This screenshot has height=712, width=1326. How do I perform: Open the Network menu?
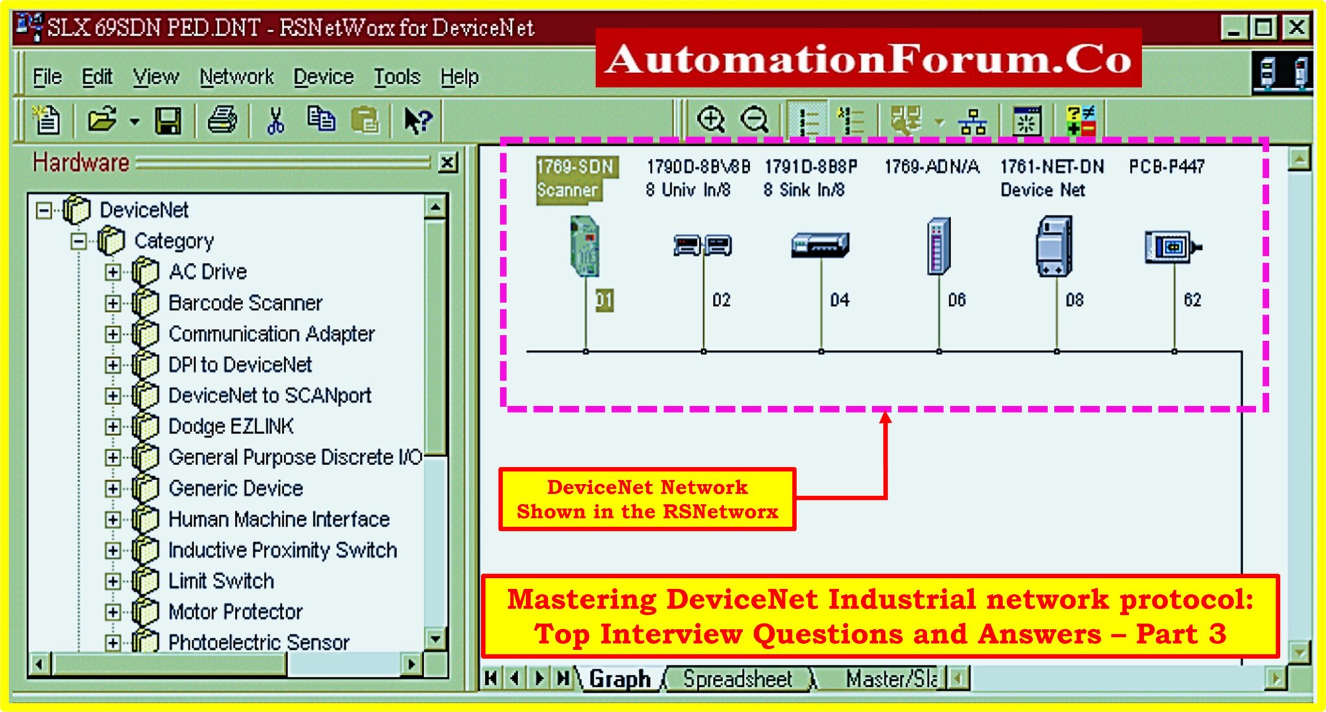click(x=236, y=77)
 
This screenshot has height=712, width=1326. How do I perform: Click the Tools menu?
click(x=397, y=77)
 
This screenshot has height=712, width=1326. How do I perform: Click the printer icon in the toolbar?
click(x=222, y=120)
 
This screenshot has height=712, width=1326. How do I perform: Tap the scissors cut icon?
click(x=276, y=120)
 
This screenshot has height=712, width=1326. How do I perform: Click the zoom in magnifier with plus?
click(x=711, y=120)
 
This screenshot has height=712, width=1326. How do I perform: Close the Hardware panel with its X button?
click(x=447, y=162)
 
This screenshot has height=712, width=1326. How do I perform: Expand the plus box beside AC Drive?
click(x=113, y=272)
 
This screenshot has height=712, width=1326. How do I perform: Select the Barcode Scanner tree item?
click(x=245, y=303)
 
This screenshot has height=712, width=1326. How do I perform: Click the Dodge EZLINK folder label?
click(x=230, y=427)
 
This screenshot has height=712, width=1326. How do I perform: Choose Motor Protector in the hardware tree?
click(x=235, y=612)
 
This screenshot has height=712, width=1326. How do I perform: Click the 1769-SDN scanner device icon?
click(x=585, y=247)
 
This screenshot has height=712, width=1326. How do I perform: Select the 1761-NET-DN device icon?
click(x=1055, y=247)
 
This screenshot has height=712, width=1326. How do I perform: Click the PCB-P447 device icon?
click(x=1171, y=247)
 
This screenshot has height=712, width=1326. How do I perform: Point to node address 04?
click(x=840, y=300)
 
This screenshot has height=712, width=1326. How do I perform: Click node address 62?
click(x=1192, y=300)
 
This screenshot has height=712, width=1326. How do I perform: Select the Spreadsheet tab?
click(x=737, y=679)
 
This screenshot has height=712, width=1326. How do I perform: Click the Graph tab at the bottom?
click(x=620, y=679)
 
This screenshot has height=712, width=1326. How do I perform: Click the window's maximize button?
click(x=1263, y=28)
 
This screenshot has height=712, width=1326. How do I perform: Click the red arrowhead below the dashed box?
click(x=885, y=418)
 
